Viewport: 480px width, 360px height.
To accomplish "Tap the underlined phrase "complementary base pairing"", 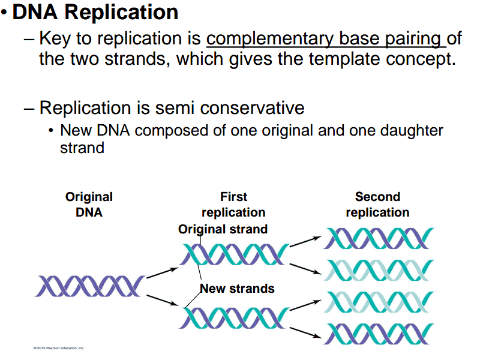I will pos(325,39).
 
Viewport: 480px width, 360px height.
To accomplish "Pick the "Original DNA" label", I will pos(89,204).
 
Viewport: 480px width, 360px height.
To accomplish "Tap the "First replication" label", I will pos(233,204).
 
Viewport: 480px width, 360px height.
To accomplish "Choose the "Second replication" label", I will pos(377,204).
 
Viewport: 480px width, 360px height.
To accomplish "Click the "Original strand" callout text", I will pos(223,229).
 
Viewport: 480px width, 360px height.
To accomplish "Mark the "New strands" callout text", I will pos(237,289).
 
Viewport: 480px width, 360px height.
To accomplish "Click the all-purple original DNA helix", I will pos(90,286).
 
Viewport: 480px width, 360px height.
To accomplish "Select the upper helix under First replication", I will pos(235,254).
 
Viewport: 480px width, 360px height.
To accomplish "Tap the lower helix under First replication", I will pos(235,317).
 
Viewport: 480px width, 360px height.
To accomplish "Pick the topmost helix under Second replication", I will pos(378,238).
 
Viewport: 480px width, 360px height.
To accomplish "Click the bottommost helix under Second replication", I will pos(378,333).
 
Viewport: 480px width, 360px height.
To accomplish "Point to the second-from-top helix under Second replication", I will pos(378,270).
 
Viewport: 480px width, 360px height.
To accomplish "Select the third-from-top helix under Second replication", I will pos(378,301).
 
